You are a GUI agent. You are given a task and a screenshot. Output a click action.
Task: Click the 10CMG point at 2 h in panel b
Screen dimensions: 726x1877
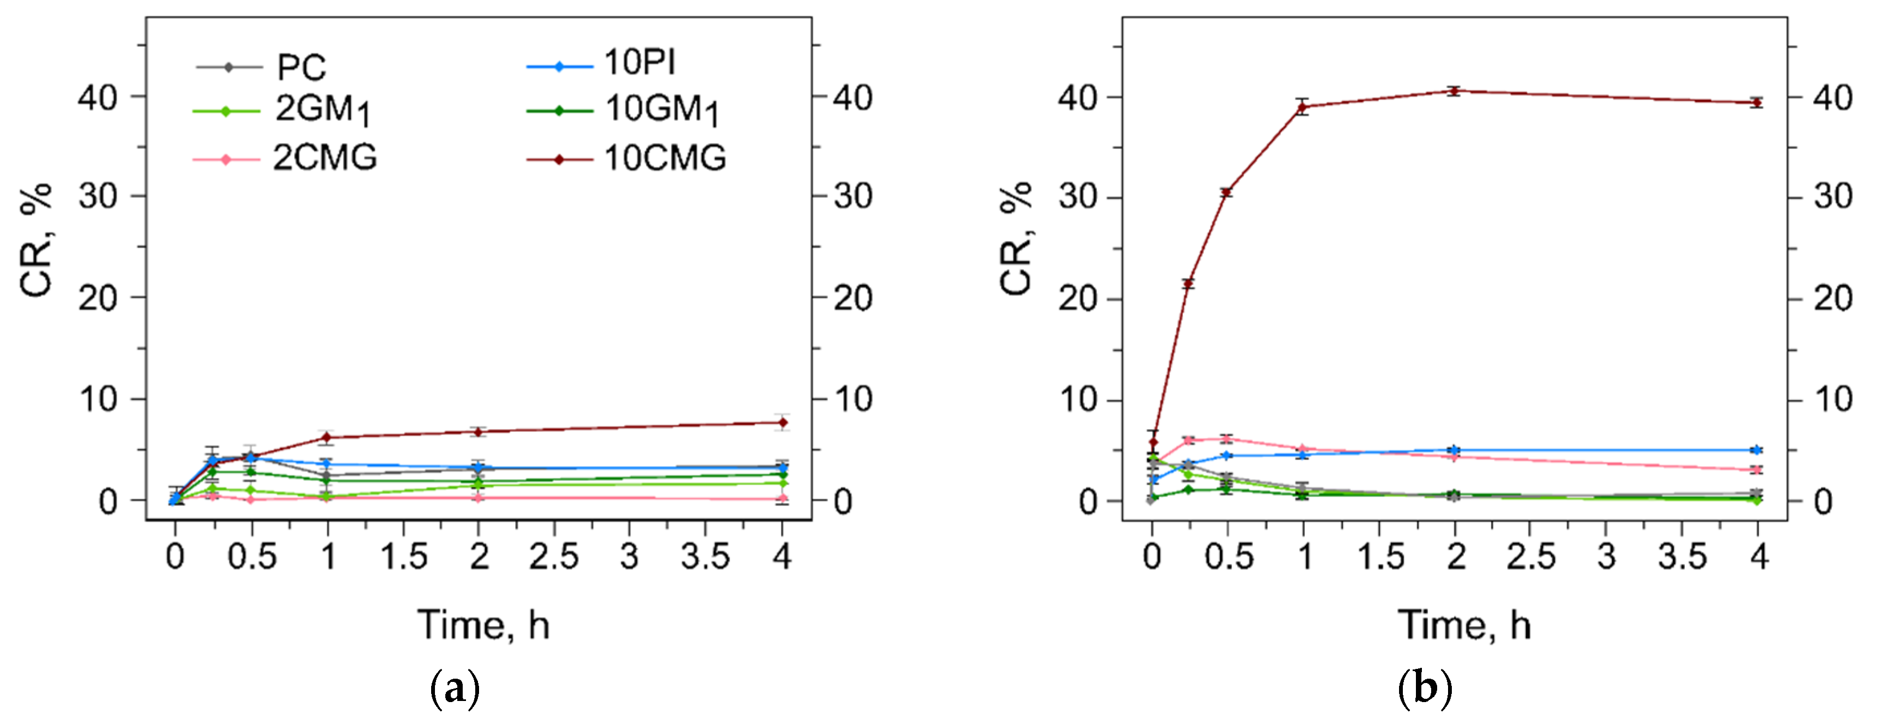tap(1455, 91)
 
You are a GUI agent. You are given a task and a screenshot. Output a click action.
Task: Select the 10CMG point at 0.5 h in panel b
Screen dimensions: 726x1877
tap(1227, 193)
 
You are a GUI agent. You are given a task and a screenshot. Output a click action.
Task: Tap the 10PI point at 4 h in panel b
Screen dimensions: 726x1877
tap(1757, 450)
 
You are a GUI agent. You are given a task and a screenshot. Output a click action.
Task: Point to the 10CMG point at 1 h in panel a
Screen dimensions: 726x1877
tap(327, 438)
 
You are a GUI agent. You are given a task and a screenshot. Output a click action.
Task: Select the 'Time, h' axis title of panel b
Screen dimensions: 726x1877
tap(1464, 625)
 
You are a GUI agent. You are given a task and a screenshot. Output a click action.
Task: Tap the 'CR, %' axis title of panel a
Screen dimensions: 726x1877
tap(36, 240)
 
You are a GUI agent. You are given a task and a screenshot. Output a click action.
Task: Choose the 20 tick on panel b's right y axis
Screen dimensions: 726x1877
tap(1832, 299)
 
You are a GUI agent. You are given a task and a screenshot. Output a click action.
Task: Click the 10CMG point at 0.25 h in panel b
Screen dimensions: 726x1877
tap(1188, 284)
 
